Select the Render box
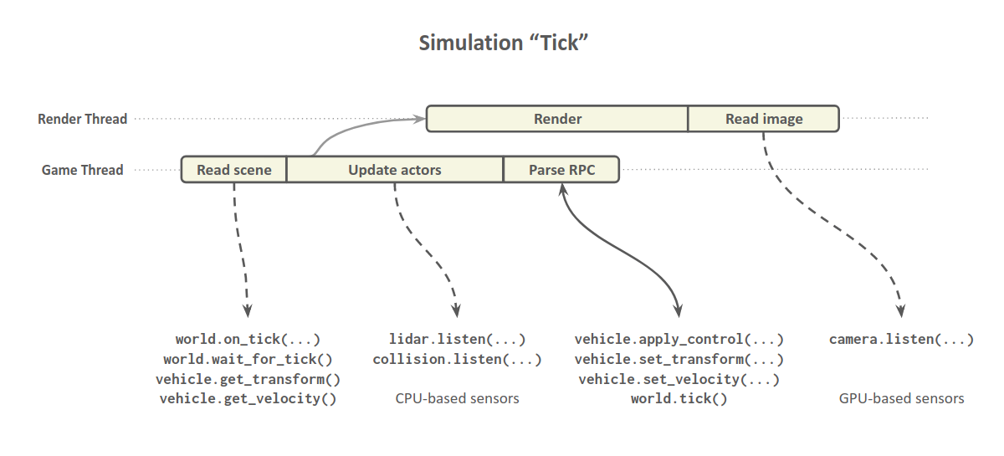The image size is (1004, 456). point(557,119)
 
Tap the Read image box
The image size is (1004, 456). point(763,119)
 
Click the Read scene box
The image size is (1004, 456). point(234,170)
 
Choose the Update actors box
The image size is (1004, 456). point(394,170)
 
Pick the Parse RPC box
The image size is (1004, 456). point(561,170)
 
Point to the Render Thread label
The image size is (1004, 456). point(83,119)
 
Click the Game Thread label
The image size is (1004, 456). point(83,170)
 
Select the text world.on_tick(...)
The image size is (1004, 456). point(248,340)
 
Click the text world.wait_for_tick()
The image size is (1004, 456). point(248,360)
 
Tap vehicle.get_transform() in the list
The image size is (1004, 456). point(248,379)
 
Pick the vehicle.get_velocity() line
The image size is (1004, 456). point(248,399)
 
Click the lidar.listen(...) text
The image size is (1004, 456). point(457,340)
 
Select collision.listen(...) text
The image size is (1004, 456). point(457,360)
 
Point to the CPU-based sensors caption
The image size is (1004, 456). point(457,399)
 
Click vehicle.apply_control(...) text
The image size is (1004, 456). point(679,340)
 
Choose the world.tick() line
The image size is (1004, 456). point(679,399)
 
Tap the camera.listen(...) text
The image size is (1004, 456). point(901,340)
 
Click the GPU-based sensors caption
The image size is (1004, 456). point(901,399)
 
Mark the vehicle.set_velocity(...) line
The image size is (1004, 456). point(679,379)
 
